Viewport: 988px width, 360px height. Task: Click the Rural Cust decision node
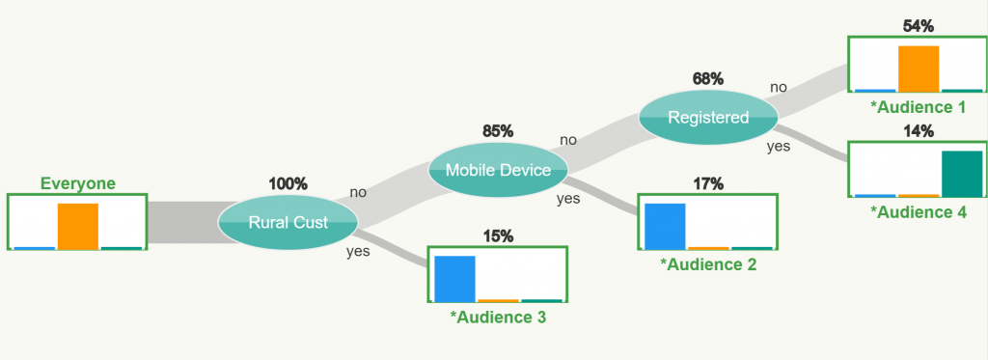[288, 222]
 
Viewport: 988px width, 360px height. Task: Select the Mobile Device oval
[498, 170]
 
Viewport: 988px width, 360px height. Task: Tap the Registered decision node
[708, 118]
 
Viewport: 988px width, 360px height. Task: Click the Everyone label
[78, 183]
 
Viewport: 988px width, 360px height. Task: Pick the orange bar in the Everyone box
[78, 226]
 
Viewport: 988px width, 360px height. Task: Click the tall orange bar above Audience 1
[919, 69]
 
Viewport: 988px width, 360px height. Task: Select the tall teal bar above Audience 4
[962, 174]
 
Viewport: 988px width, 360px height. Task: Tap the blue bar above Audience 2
[665, 226]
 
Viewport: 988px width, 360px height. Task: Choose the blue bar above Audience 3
[455, 279]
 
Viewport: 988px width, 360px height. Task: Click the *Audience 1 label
[918, 107]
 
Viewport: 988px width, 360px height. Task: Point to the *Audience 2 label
[707, 264]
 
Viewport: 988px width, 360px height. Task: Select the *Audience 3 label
[498, 318]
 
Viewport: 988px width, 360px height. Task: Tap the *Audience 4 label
[918, 212]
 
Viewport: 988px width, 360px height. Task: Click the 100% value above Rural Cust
[288, 184]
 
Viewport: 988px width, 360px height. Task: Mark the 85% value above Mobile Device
[498, 132]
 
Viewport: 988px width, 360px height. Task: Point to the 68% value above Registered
[707, 79]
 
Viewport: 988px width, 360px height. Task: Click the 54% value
[919, 26]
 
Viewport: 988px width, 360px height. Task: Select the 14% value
[919, 132]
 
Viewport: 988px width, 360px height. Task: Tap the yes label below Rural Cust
[358, 252]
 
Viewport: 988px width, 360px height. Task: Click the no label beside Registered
[779, 88]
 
